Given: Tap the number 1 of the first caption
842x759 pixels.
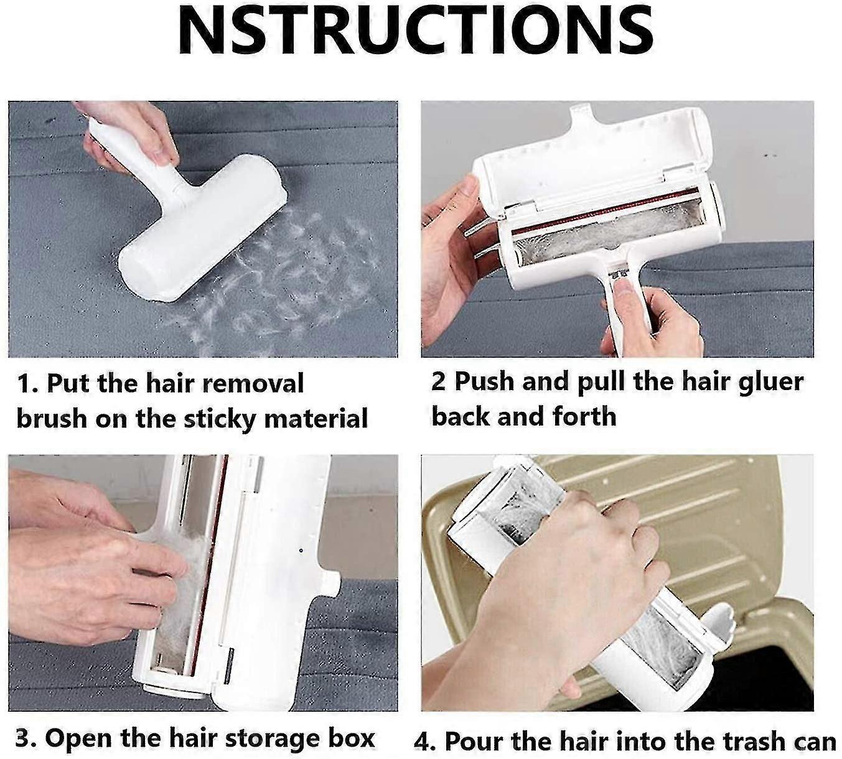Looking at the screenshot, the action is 24,384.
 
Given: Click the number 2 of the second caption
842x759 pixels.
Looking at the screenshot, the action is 439,382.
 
